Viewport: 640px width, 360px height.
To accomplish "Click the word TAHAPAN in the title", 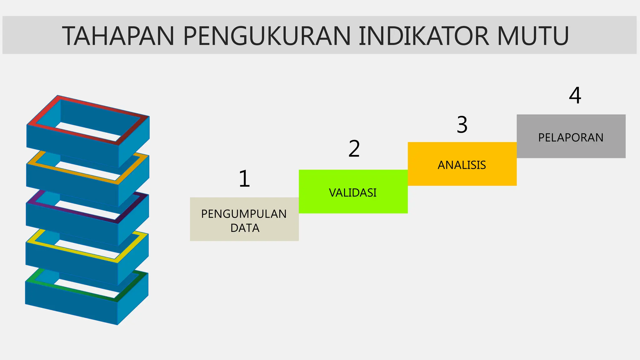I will coord(118,36).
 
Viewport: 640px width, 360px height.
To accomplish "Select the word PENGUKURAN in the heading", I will coord(267,36).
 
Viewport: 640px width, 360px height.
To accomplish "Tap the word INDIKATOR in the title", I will coord(424,36).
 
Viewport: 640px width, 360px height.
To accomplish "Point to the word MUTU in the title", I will coord(533,36).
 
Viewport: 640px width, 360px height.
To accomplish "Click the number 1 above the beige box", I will coord(244,179).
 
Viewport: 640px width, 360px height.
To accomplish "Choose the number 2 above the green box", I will coord(354,149).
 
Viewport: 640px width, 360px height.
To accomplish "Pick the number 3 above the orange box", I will coord(462,125).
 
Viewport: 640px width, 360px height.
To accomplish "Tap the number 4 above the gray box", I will coord(575,95).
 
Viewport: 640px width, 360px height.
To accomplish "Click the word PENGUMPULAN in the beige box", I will coord(244,214).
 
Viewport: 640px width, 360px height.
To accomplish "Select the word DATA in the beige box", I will coord(245,228).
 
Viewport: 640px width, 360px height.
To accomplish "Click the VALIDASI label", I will coord(353,193).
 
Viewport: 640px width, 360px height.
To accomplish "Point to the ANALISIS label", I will coord(462,165).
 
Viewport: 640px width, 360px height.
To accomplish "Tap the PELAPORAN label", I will coord(571,137).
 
